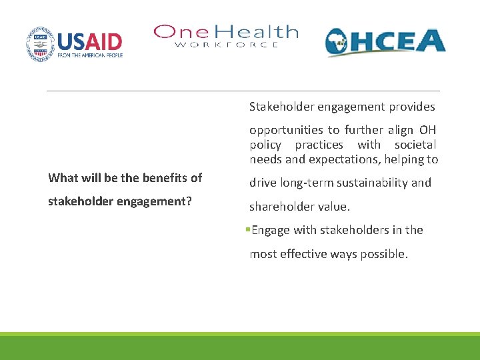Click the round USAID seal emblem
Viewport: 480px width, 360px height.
41,44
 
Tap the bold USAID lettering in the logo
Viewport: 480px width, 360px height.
89,41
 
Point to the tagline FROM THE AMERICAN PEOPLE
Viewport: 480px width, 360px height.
90,57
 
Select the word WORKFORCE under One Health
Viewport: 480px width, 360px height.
227,45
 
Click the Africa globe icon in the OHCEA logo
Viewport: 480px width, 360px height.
342,43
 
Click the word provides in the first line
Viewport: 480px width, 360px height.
412,107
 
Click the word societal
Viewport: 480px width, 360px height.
415,145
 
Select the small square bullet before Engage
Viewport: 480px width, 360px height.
247,230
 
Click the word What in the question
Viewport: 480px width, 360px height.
63,177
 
